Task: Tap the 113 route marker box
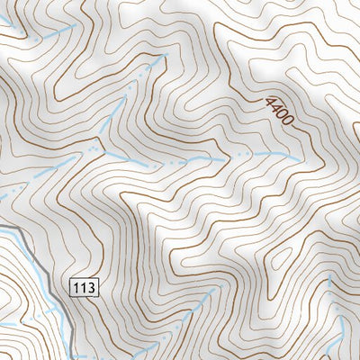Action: (83, 288)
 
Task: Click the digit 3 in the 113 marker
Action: (89, 288)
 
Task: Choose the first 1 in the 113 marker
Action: (76, 288)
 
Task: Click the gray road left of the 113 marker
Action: (40, 270)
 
